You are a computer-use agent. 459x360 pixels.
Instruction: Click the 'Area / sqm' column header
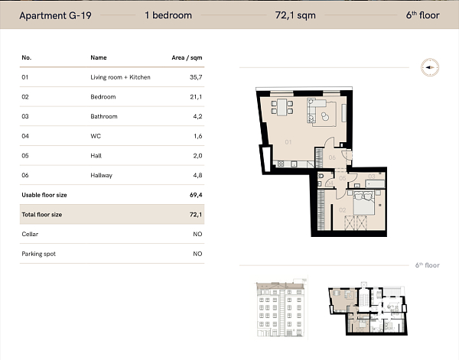click(187, 57)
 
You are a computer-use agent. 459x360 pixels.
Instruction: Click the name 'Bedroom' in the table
click(103, 97)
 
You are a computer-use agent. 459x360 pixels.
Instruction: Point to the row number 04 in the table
click(25, 136)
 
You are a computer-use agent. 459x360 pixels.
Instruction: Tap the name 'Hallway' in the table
click(101, 175)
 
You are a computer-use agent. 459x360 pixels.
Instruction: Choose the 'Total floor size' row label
click(42, 215)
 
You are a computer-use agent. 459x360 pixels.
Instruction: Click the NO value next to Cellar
click(197, 234)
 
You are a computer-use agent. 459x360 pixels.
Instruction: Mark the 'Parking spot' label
click(38, 254)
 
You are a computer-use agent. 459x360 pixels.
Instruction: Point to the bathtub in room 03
click(370, 184)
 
